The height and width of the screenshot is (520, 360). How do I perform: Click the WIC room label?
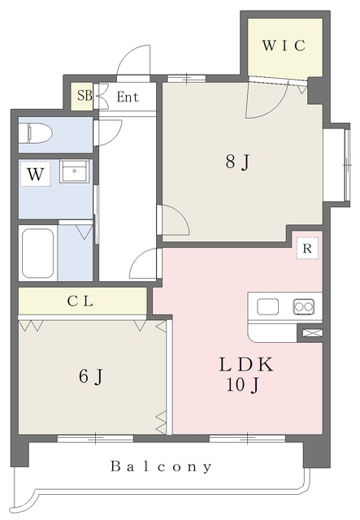pyautogui.click(x=284, y=45)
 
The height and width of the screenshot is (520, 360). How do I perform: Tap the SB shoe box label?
pyautogui.click(x=85, y=96)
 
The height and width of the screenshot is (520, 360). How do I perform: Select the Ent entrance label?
pyautogui.click(x=128, y=97)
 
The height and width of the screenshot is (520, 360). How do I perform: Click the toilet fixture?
pyautogui.click(x=36, y=133)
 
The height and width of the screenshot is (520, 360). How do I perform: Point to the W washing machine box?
pyautogui.click(x=35, y=174)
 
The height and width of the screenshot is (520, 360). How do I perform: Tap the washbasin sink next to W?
pyautogui.click(x=74, y=171)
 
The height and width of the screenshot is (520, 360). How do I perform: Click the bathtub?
pyautogui.click(x=38, y=253)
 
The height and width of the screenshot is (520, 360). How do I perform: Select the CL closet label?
pyautogui.click(x=80, y=301)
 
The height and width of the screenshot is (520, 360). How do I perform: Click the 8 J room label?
pyautogui.click(x=237, y=162)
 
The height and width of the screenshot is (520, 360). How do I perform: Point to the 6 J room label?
pyautogui.click(x=90, y=376)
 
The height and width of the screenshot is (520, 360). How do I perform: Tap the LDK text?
pyautogui.click(x=246, y=364)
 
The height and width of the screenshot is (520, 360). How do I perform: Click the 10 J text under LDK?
pyautogui.click(x=242, y=385)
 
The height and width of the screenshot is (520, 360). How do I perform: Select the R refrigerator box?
pyautogui.click(x=307, y=249)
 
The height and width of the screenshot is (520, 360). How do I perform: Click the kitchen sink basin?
pyautogui.click(x=267, y=306)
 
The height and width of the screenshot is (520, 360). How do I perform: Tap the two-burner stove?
pyautogui.click(x=304, y=306)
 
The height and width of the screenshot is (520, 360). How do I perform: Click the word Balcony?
pyautogui.click(x=161, y=466)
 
